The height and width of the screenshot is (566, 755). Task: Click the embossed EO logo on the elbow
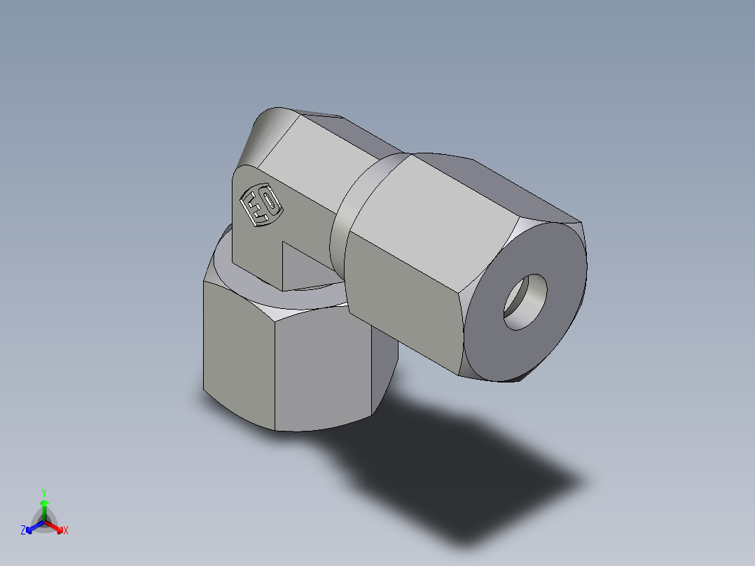261,205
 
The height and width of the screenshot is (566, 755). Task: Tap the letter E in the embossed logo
253,208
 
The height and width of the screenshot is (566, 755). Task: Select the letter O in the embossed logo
270,202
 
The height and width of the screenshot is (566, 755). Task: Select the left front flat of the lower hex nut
238,354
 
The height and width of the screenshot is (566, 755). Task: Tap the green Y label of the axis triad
44,492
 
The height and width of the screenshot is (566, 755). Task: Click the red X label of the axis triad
66,531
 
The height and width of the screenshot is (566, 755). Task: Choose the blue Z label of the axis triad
23,530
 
